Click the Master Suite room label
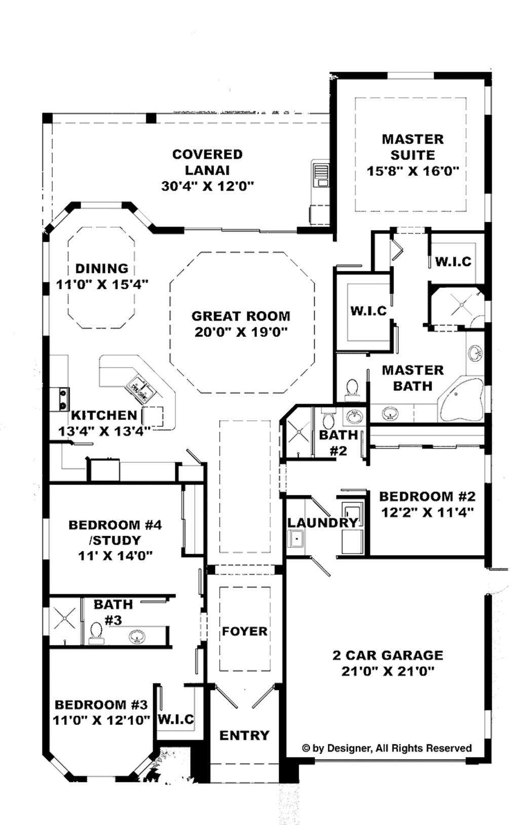click(x=413, y=147)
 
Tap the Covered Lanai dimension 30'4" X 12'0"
click(x=207, y=186)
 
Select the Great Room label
click(x=241, y=316)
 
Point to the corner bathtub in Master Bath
click(x=461, y=399)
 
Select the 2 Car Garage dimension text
click(x=388, y=672)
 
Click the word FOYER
click(x=244, y=632)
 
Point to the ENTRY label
click(x=244, y=735)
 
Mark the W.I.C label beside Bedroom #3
click(x=176, y=719)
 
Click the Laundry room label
click(x=322, y=523)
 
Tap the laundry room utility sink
click(x=296, y=538)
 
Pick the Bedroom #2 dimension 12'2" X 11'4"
click(x=427, y=513)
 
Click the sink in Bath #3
click(x=136, y=636)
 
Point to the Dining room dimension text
click(x=102, y=285)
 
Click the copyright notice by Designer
click(x=387, y=748)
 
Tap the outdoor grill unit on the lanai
click(x=320, y=174)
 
